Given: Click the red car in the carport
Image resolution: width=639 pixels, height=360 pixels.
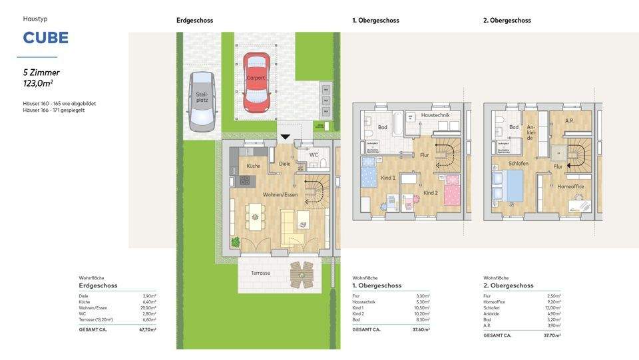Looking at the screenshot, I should [x=256, y=83].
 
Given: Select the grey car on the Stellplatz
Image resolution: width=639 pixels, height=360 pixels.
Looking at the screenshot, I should [x=202, y=102].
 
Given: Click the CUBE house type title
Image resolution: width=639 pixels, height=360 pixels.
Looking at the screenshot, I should [x=45, y=38].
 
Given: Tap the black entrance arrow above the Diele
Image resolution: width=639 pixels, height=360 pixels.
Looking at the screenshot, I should [x=285, y=137].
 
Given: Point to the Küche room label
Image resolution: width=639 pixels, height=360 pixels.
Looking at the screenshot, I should [x=254, y=166].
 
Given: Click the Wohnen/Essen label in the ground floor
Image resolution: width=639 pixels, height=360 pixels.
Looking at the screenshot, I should [x=280, y=194].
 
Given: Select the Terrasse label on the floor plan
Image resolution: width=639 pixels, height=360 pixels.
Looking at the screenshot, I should [x=261, y=273].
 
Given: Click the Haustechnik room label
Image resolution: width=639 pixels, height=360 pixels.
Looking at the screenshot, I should [x=435, y=115].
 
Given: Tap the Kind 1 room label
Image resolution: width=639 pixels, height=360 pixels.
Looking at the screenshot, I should [x=387, y=178].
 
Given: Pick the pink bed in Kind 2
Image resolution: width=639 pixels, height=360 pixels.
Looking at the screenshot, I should [x=452, y=191].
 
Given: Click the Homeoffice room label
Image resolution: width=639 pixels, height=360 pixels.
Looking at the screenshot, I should [x=570, y=187].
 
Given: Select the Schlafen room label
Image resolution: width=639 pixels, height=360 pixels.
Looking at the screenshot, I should [x=519, y=163].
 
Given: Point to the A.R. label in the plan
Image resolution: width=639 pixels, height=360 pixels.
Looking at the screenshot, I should [x=569, y=121].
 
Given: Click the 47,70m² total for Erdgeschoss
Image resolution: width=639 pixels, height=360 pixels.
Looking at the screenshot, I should [x=148, y=329].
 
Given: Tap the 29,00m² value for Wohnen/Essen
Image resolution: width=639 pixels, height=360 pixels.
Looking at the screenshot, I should [x=149, y=308].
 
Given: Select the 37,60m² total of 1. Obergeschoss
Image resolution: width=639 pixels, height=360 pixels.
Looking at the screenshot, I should [x=421, y=329].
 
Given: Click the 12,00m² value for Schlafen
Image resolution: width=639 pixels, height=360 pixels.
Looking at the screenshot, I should [x=553, y=307].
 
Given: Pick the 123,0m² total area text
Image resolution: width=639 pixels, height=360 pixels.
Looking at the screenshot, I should [x=38, y=83].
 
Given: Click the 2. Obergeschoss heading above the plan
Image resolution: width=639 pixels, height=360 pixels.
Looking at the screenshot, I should [x=507, y=21].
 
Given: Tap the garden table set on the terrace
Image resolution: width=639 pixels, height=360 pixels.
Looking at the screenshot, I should [x=302, y=273].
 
